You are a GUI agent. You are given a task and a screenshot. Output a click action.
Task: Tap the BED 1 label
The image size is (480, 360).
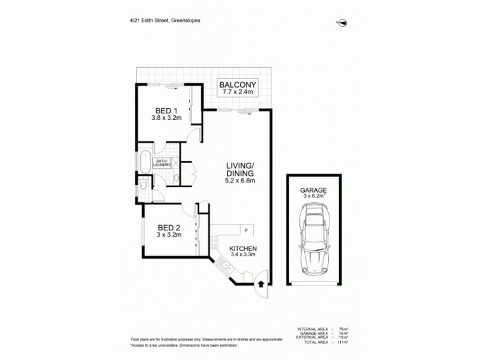(166, 111)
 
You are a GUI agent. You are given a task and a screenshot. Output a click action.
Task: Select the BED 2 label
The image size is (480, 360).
(169, 227)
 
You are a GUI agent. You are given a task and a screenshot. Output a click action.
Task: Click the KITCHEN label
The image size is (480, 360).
(243, 248)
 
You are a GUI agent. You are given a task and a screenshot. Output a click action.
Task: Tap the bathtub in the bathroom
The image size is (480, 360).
(145, 163)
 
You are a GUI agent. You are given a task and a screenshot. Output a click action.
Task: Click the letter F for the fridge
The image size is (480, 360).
(246, 230)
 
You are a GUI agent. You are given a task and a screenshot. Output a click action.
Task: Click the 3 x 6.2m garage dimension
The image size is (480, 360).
(313, 196)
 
